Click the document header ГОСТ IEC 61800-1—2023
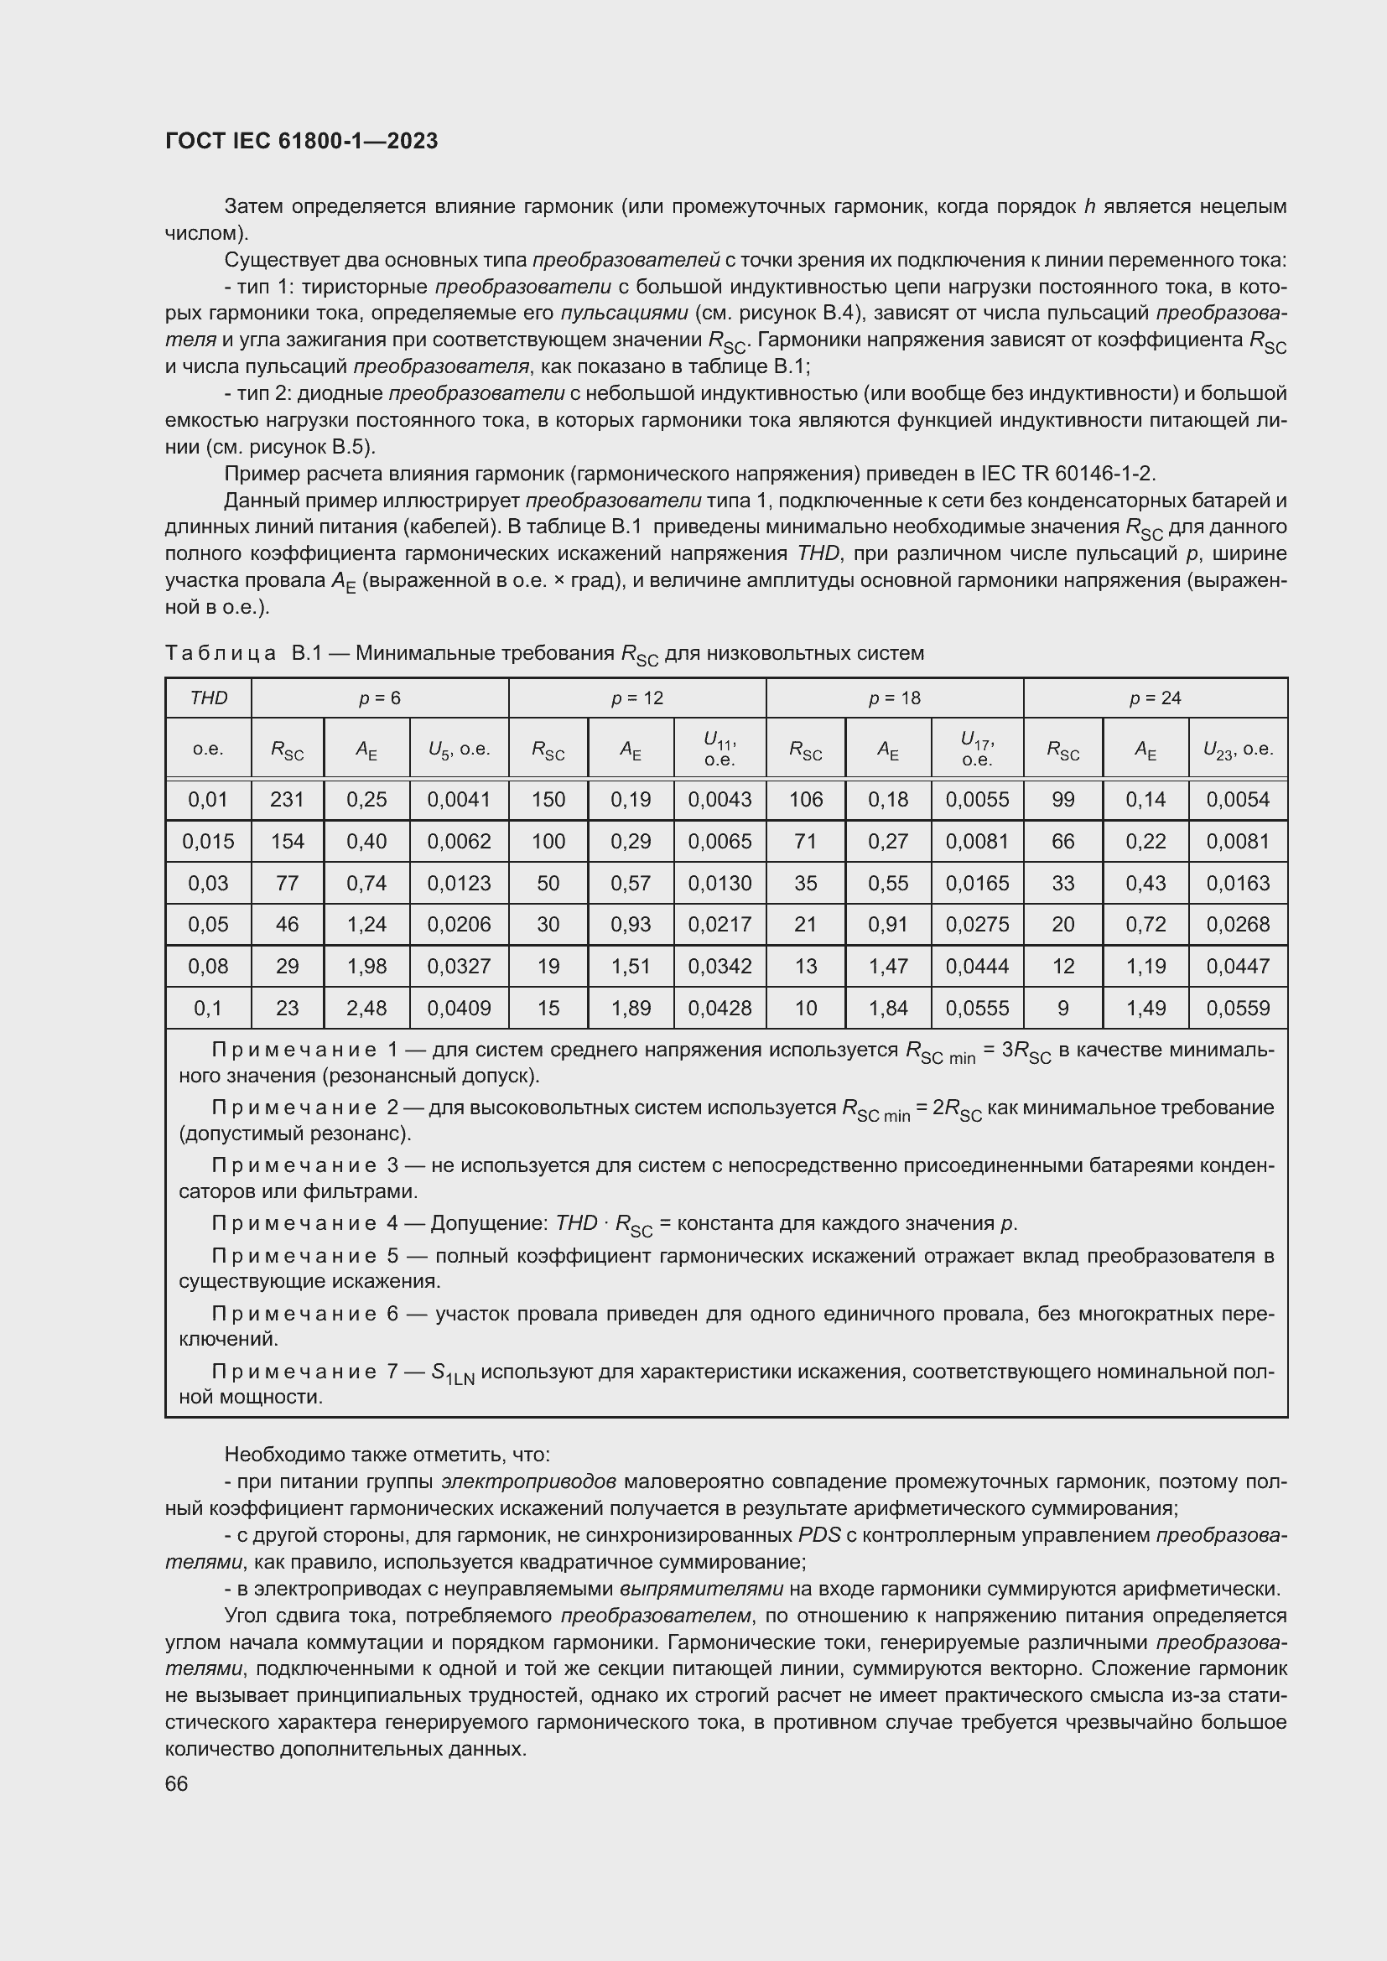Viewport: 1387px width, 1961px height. pos(302,142)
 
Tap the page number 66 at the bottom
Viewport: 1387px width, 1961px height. pos(176,1784)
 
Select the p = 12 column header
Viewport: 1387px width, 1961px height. pos(636,698)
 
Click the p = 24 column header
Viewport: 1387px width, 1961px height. pos(1155,698)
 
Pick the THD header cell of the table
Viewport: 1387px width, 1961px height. pos(209,698)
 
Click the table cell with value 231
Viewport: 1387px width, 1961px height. pos(287,800)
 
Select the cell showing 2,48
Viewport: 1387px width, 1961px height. pos(366,1008)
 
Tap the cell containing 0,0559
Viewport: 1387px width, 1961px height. pos(1238,1008)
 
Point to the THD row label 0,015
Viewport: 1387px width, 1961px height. pos(209,841)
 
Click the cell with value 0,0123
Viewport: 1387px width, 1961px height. pos(459,883)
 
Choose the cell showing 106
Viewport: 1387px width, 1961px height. pos(805,800)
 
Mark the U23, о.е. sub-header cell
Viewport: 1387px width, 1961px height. pos(1238,750)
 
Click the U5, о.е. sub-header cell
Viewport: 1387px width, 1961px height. pos(459,750)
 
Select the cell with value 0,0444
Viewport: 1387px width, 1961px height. pos(977,966)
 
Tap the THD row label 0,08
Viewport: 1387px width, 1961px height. pos(209,966)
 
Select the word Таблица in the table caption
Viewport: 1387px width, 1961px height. pos(221,654)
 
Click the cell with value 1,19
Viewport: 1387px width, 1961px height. pos(1145,966)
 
